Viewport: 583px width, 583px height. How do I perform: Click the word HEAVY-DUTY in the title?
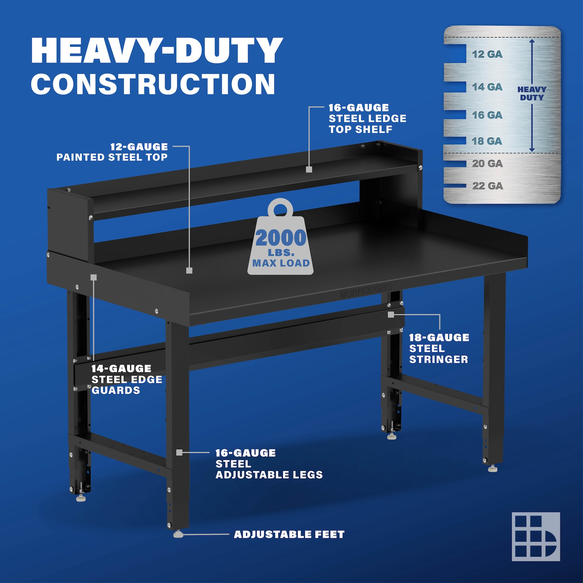[x=157, y=50]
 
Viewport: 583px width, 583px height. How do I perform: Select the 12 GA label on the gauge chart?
[x=487, y=54]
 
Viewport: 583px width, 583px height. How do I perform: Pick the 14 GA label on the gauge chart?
[x=487, y=87]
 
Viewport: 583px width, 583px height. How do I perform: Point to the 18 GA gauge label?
[x=487, y=141]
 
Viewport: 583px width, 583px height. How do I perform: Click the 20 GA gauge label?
[x=487, y=164]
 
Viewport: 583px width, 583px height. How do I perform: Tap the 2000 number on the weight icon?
[x=281, y=238]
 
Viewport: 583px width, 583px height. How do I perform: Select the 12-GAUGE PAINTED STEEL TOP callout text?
[x=112, y=152]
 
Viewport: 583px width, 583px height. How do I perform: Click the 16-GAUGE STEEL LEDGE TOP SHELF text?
[x=367, y=119]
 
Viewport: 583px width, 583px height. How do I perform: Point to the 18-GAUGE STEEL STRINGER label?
[x=439, y=348]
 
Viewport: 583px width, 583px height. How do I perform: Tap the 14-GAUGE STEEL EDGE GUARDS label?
[x=127, y=379]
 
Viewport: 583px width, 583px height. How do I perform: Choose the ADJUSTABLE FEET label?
[x=289, y=534]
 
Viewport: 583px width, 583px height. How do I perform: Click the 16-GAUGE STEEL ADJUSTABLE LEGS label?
[x=269, y=464]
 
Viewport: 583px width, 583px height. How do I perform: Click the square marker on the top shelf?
[x=308, y=169]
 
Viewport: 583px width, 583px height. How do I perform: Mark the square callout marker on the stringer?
[x=391, y=315]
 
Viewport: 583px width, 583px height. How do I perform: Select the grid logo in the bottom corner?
[x=535, y=537]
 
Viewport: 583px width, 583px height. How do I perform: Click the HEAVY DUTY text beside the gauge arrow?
[x=532, y=93]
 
